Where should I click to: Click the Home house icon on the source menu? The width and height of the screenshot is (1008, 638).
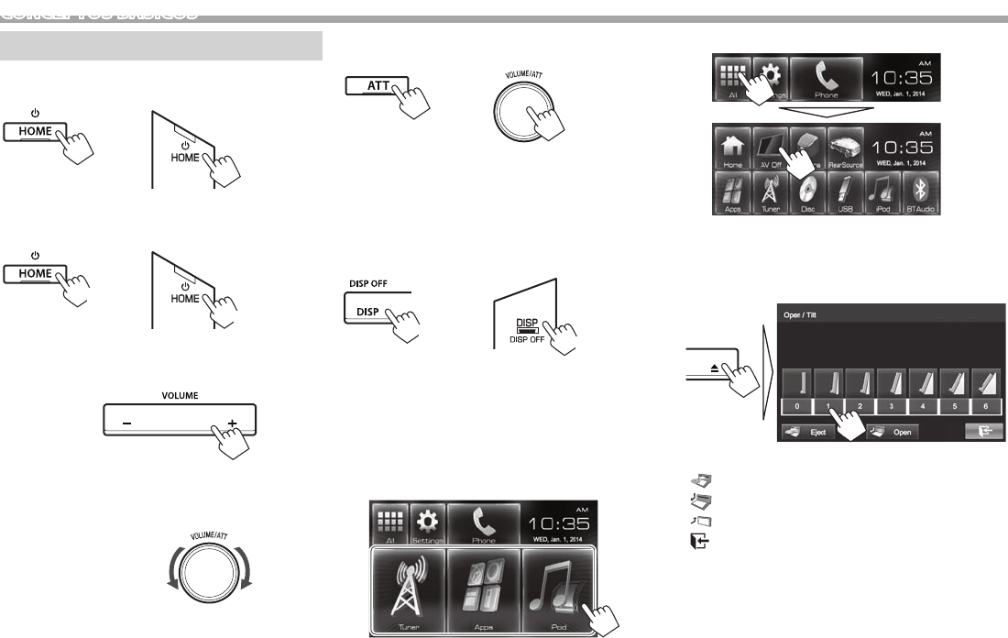coord(733,148)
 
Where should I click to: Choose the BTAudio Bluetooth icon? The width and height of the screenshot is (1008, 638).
coord(924,195)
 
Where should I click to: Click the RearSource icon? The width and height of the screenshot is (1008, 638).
coord(847,148)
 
